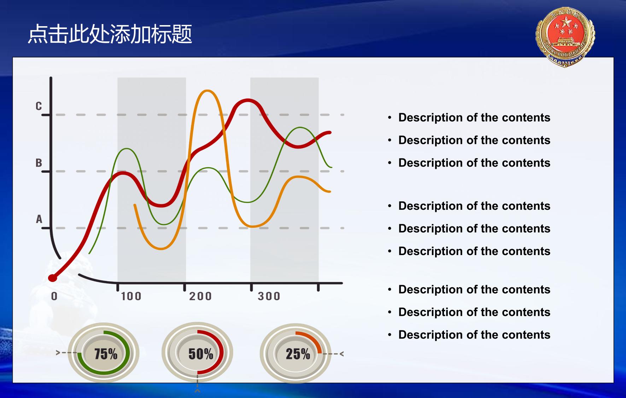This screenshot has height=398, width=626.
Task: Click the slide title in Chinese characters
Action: pos(110,34)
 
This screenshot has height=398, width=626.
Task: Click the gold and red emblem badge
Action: pos(565,37)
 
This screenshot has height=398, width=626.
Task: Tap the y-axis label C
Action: pos(39,106)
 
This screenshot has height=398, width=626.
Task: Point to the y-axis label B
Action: pos(39,163)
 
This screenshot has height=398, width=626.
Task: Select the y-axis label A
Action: pos(39,219)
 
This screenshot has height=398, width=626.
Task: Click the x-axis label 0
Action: pos(54,296)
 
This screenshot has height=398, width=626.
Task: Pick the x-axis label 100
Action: pos(131,296)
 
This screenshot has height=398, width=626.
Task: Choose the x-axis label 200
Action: pos(200,296)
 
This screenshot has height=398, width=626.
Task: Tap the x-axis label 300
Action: pos(269,296)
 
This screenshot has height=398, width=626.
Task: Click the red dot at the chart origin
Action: pos(53,278)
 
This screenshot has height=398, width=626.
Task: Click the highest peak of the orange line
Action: pos(206,91)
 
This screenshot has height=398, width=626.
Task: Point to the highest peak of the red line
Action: pos(248,101)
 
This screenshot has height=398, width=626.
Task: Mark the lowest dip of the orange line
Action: pos(161,248)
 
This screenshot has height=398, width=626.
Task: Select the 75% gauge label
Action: pos(106,354)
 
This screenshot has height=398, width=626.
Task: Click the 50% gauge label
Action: pos(201,354)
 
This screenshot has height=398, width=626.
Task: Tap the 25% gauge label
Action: pos(298,354)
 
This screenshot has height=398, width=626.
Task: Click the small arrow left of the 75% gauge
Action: pos(58,353)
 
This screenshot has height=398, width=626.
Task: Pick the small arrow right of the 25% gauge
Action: pos(341,353)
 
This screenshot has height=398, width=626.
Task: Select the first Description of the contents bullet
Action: pos(474,117)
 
